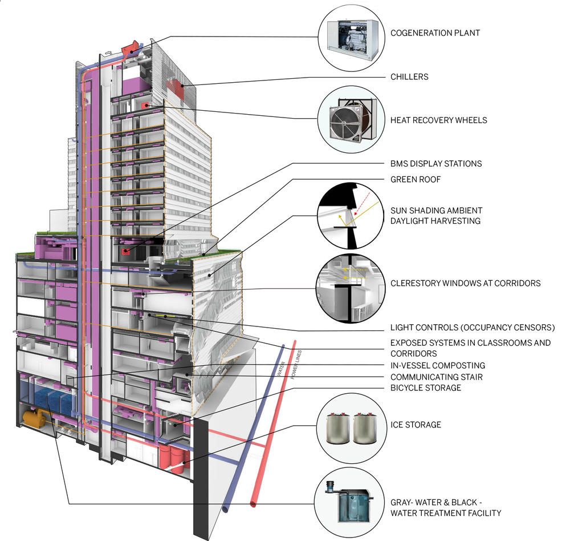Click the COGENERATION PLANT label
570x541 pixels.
(434, 33)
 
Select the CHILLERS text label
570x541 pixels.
(409, 76)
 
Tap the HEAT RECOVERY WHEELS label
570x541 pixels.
(438, 120)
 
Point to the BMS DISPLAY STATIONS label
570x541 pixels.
(436, 164)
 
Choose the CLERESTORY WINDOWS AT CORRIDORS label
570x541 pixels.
(465, 283)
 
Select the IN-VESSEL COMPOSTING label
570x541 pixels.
(437, 365)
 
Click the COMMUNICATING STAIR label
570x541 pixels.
(436, 377)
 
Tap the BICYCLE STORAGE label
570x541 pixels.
(425, 388)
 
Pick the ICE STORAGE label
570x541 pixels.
(416, 425)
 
